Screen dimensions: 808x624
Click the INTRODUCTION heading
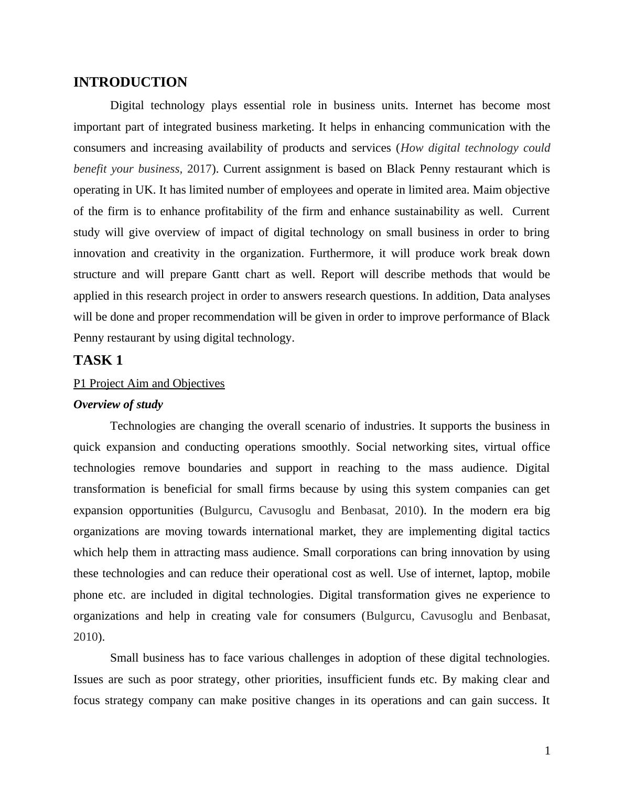[x=130, y=82]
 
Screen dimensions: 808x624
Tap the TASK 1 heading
[x=98, y=360]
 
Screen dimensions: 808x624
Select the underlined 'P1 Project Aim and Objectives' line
[x=149, y=384]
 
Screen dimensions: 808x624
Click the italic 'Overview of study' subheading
[x=118, y=405]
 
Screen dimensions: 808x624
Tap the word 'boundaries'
[x=215, y=468]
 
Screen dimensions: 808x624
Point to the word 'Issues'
[x=89, y=679]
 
